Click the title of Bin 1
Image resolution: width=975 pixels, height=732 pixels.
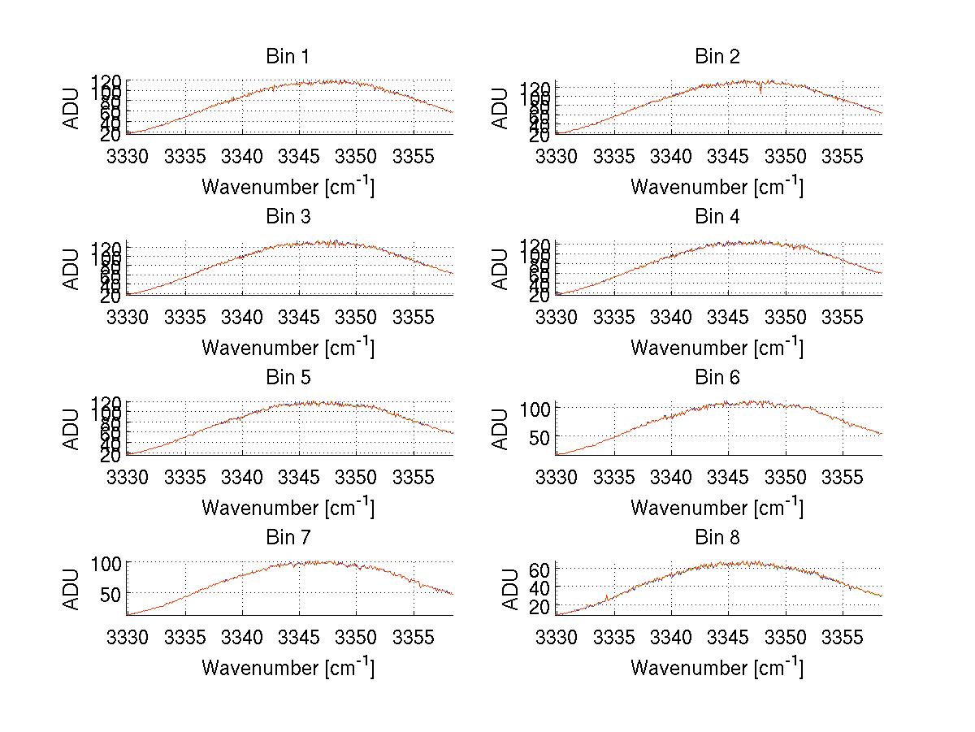pos(288,57)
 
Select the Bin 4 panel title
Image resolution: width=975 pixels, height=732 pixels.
pos(717,217)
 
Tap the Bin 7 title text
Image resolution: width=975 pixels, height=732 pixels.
pos(288,538)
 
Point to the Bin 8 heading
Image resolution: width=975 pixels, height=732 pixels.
pos(717,538)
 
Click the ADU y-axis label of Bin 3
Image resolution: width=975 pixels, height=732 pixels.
pos(72,268)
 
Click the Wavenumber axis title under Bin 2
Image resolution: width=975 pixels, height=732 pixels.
pos(717,188)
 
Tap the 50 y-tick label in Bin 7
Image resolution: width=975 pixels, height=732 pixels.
pos(112,594)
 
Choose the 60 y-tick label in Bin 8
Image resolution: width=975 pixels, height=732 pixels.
pos(541,569)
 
